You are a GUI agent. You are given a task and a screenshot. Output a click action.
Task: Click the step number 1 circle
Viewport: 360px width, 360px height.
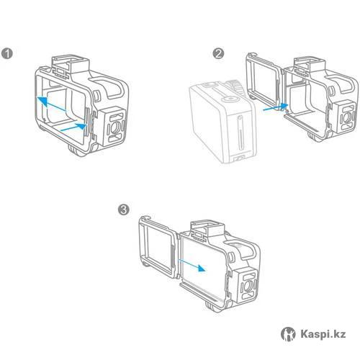click(7, 53)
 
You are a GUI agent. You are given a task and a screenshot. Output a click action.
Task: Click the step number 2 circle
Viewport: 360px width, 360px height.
click(218, 53)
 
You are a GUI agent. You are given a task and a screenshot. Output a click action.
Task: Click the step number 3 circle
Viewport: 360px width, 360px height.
click(124, 210)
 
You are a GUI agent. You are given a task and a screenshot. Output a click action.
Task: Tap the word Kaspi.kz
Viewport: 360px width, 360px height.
click(323, 334)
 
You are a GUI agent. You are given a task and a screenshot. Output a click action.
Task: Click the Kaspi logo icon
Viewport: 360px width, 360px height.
click(288, 334)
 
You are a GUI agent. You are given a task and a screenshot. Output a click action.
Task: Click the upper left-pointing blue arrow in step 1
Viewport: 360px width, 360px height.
click(52, 104)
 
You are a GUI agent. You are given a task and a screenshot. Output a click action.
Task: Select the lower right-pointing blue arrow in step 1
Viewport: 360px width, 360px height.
click(73, 127)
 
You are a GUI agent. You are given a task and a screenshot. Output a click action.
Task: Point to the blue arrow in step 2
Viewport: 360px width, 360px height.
click(276, 107)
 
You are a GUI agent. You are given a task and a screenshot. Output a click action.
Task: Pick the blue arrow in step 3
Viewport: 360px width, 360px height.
click(192, 265)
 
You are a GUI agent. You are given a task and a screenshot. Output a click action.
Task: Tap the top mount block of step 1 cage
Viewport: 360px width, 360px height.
click(71, 63)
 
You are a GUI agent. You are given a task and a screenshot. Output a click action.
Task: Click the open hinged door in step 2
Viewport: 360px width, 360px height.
click(264, 81)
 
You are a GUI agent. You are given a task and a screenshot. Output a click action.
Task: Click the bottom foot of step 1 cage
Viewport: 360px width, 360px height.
click(77, 150)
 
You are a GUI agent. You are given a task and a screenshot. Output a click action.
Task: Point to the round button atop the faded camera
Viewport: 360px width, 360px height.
click(230, 98)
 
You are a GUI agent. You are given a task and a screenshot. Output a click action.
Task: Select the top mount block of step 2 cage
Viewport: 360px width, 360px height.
click(309, 63)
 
